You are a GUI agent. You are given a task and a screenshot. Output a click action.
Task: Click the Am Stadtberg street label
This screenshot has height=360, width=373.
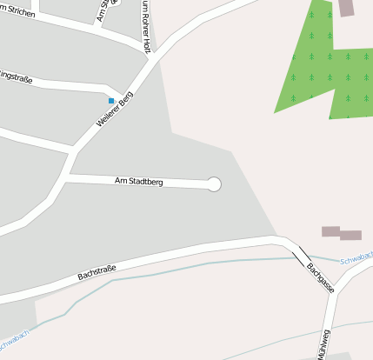pyautogui.click(x=139, y=181)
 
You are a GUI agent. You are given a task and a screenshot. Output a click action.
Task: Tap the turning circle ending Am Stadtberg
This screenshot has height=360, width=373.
pyautogui.click(x=214, y=183)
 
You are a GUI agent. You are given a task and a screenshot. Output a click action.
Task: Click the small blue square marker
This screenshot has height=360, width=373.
pyautogui.click(x=110, y=101)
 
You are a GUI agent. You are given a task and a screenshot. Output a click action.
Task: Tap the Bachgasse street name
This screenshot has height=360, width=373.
pyautogui.click(x=319, y=277)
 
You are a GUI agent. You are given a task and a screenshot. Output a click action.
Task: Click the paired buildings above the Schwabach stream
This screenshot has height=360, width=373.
pyautogui.click(x=341, y=233)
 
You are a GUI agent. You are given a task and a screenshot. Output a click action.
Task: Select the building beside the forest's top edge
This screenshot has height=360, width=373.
pyautogui.click(x=346, y=7)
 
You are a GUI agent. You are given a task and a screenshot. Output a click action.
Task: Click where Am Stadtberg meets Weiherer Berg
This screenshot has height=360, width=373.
pyautogui.click(x=66, y=175)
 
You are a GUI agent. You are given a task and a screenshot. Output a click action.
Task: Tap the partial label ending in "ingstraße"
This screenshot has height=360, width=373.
pyautogui.click(x=16, y=79)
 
